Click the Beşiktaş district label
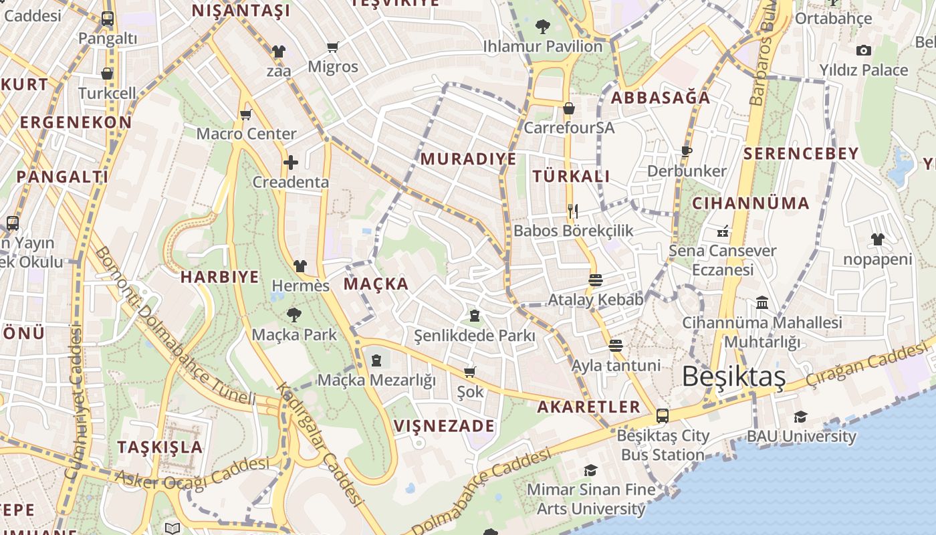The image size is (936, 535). tap(733, 377)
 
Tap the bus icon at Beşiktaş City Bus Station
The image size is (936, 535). tap(662, 415)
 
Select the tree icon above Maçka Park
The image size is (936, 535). tap(294, 314)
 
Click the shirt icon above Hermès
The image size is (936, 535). tap(300, 266)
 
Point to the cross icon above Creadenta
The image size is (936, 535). tap(290, 163)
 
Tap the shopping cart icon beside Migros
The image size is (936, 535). tap(332, 47)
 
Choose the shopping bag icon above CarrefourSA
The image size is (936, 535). tap(568, 108)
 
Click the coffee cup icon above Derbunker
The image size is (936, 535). tap(686, 151)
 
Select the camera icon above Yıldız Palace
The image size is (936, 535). tap(863, 50)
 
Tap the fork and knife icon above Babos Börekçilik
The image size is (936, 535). tap(572, 211)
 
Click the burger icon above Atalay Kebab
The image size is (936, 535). tap(595, 280)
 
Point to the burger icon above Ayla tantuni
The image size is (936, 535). tap(615, 346)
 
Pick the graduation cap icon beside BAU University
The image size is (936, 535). tap(800, 417)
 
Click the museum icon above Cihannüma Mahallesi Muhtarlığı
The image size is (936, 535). tap(762, 303)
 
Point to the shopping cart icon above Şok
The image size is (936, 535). tap(470, 372)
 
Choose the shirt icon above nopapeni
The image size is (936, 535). tap(877, 239)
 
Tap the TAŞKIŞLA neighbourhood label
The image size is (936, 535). tap(160, 447)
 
